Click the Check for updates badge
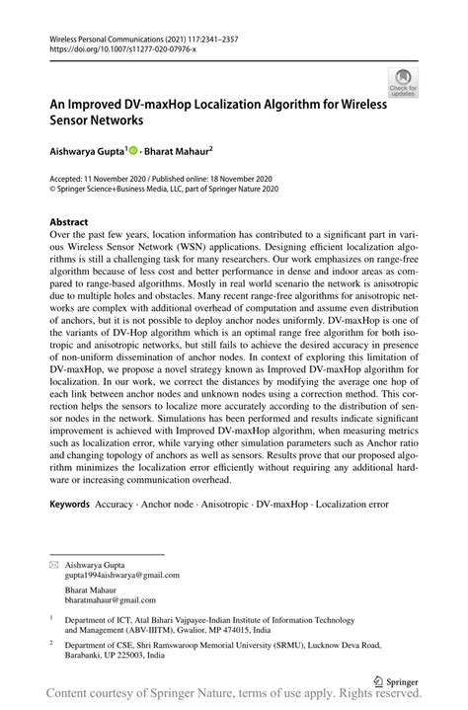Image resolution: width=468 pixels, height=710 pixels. (x=403, y=83)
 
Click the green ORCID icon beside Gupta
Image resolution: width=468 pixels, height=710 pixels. (x=132, y=154)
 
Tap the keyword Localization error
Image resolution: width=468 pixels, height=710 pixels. (x=353, y=504)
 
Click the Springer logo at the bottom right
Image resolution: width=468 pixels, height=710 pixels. (x=402, y=681)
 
